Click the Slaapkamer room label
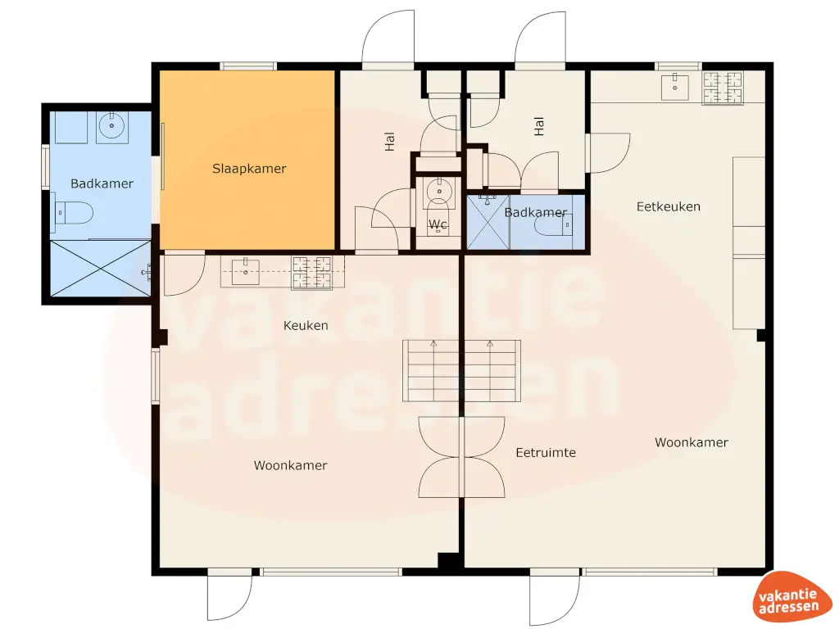(249, 169)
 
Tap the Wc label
(438, 224)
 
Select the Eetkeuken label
(669, 206)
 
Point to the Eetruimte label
(546, 452)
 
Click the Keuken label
(306, 325)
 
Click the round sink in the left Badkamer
(111, 126)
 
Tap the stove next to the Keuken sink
(312, 272)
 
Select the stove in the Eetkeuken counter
(723, 88)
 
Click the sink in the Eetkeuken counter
(677, 85)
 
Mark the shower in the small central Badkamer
(488, 222)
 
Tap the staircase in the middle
(461, 370)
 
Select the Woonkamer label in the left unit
(290, 465)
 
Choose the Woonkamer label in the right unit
(692, 442)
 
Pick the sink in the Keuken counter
(244, 269)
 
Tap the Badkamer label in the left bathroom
(102, 183)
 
